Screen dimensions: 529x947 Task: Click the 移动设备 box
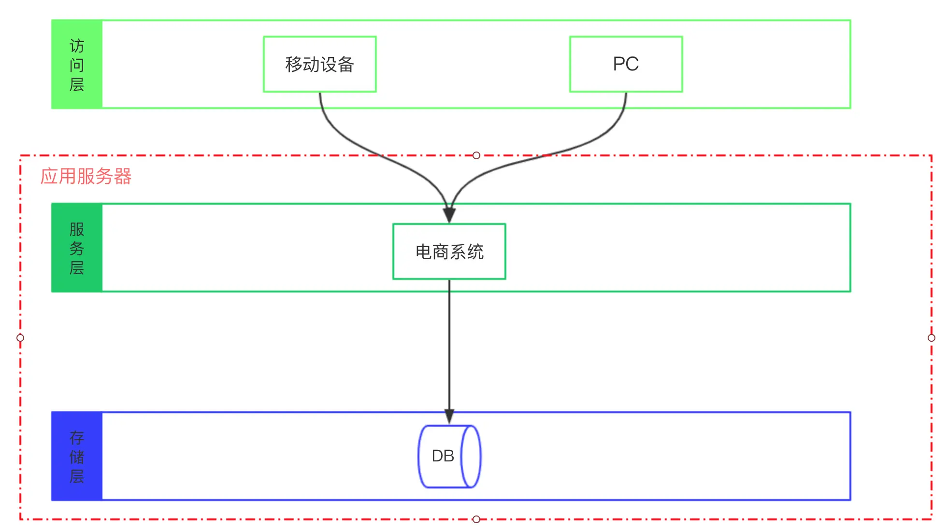pyautogui.click(x=319, y=64)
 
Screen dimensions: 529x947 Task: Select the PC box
pyautogui.click(x=626, y=64)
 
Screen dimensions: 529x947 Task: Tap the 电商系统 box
pyautogui.click(x=449, y=251)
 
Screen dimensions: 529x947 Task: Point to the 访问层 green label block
pyautogui.click(x=77, y=64)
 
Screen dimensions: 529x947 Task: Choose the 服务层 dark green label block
pyautogui.click(x=77, y=248)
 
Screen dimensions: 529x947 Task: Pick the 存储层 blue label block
pyautogui.click(x=77, y=456)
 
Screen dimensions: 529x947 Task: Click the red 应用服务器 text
pyautogui.click(x=86, y=177)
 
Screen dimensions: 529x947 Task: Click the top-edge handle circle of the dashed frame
pyautogui.click(x=476, y=155)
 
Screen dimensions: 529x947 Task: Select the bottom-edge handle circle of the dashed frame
pyautogui.click(x=476, y=519)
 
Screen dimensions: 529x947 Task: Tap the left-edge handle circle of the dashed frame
pyautogui.click(x=20, y=338)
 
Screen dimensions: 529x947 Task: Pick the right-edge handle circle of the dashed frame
pyautogui.click(x=932, y=338)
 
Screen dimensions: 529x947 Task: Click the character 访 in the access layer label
pyautogui.click(x=77, y=46)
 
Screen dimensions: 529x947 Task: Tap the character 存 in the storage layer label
pyautogui.click(x=77, y=438)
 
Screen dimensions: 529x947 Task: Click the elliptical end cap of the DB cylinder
pyautogui.click(x=471, y=456)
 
